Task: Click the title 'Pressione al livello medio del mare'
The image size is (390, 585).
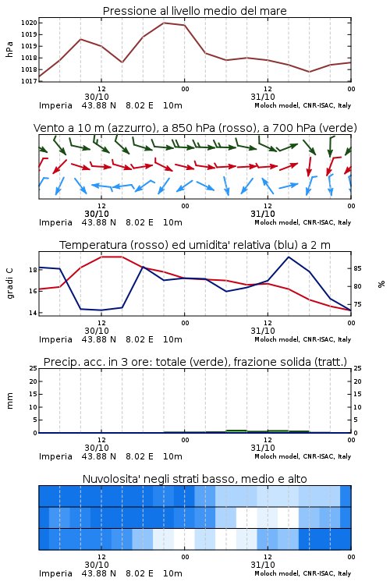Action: pyautogui.click(x=194, y=11)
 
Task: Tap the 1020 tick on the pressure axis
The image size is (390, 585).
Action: pyautogui.click(x=29, y=23)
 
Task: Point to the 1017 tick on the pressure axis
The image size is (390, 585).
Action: pyautogui.click(x=29, y=81)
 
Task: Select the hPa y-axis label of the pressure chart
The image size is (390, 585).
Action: pyautogui.click(x=9, y=49)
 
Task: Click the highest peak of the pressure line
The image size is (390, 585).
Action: pyautogui.click(x=164, y=23)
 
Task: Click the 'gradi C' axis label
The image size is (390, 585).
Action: pyautogui.click(x=9, y=284)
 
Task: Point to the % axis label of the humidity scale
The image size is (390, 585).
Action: pyautogui.click(x=381, y=284)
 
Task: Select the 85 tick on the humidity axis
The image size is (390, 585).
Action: pyautogui.click(x=357, y=268)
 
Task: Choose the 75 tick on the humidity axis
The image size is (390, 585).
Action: pyautogui.click(x=357, y=304)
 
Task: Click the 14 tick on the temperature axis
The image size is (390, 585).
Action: pyautogui.click(x=33, y=313)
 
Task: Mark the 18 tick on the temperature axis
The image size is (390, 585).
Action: pyautogui.click(x=33, y=270)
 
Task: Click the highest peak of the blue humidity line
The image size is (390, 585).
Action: pyautogui.click(x=289, y=257)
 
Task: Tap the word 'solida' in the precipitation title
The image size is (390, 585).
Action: pyautogui.click(x=295, y=362)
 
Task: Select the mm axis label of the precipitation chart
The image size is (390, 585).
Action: pyautogui.click(x=9, y=400)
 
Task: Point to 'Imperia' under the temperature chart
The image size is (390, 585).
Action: pyautogui.click(x=55, y=339)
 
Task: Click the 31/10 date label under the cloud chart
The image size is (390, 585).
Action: pyautogui.click(x=263, y=565)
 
